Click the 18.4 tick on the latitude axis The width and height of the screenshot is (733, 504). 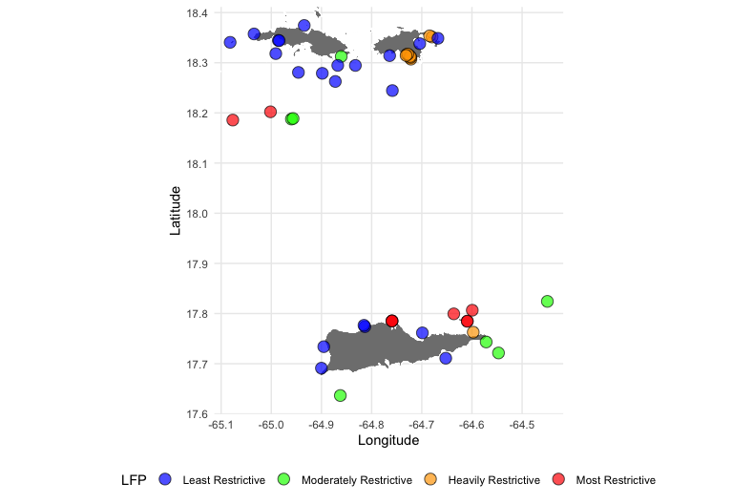[x=197, y=13]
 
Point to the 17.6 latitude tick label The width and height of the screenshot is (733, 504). [x=197, y=414]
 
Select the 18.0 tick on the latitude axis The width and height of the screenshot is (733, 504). [x=197, y=214]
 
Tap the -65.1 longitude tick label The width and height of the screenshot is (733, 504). [x=221, y=425]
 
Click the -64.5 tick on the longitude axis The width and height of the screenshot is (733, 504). [x=522, y=425]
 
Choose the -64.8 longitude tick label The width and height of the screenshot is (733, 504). [x=371, y=425]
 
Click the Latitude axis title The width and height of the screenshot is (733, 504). [x=175, y=211]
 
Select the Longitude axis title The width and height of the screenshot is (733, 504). [x=388, y=440]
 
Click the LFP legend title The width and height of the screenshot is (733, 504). [x=134, y=480]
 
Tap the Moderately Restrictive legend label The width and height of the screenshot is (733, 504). [x=357, y=480]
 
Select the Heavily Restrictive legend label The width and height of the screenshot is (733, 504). [x=494, y=480]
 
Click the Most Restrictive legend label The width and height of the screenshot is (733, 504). [x=616, y=480]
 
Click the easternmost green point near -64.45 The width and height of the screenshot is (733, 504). [x=548, y=302]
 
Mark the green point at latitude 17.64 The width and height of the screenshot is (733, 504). [x=341, y=395]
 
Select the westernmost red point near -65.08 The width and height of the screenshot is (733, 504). [x=233, y=120]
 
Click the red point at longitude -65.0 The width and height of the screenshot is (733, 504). [x=270, y=112]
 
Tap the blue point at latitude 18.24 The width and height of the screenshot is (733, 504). [x=392, y=91]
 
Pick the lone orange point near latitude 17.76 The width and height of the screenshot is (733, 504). [x=473, y=332]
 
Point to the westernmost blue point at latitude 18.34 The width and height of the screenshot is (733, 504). [x=230, y=43]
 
